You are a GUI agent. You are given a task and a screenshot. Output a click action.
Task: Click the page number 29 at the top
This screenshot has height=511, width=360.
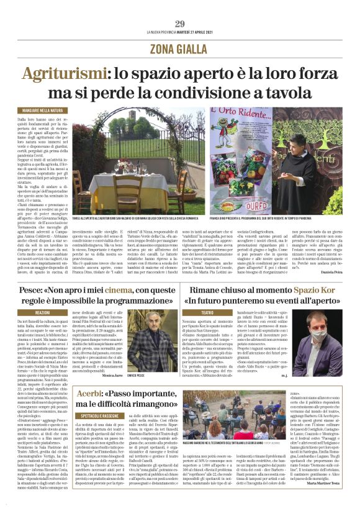tap(180, 24)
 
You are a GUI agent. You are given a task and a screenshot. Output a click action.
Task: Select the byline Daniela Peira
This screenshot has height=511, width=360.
tap(330, 273)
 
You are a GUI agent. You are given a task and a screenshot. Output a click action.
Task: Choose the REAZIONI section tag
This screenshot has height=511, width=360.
tap(42, 312)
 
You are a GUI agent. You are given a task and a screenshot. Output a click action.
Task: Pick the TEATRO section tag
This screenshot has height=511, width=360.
tap(205, 312)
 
